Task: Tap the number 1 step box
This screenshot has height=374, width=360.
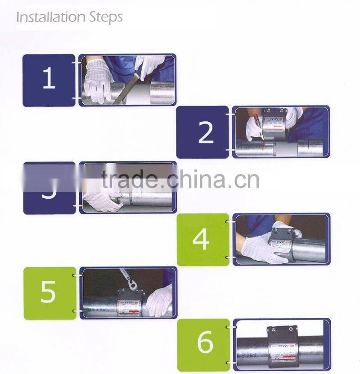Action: [49, 80]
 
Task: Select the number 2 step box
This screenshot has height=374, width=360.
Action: [202, 132]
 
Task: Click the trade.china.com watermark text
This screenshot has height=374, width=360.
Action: [180, 178]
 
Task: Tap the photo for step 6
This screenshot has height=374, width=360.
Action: [281, 344]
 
